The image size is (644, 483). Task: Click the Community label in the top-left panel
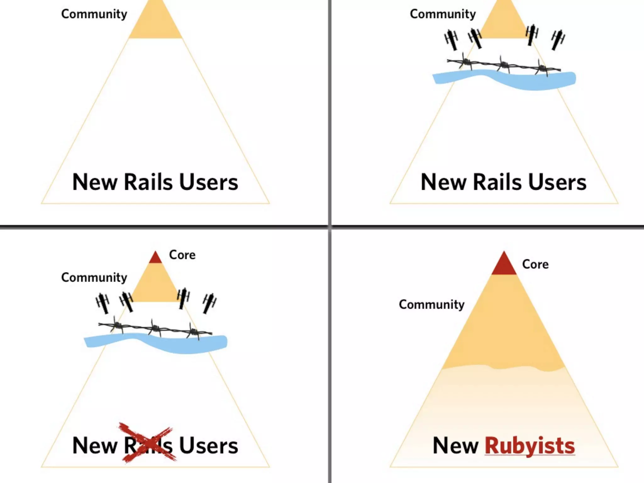pyautogui.click(x=94, y=14)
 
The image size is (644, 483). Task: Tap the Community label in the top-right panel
pyautogui.click(x=443, y=14)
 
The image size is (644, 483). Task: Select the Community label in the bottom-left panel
pyautogui.click(x=94, y=278)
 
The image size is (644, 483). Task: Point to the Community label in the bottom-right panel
pyautogui.click(x=431, y=305)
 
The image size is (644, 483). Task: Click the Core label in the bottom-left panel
pyautogui.click(x=182, y=255)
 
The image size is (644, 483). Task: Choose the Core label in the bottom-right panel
pyautogui.click(x=535, y=264)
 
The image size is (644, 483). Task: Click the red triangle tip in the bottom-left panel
pyautogui.click(x=155, y=258)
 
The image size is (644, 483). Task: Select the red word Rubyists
pyautogui.click(x=530, y=446)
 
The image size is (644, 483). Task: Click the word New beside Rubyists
pyautogui.click(x=456, y=446)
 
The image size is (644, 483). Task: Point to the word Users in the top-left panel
pyautogui.click(x=208, y=182)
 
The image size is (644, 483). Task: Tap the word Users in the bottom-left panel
pyautogui.click(x=208, y=446)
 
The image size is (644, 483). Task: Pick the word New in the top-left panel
pyautogui.click(x=95, y=182)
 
